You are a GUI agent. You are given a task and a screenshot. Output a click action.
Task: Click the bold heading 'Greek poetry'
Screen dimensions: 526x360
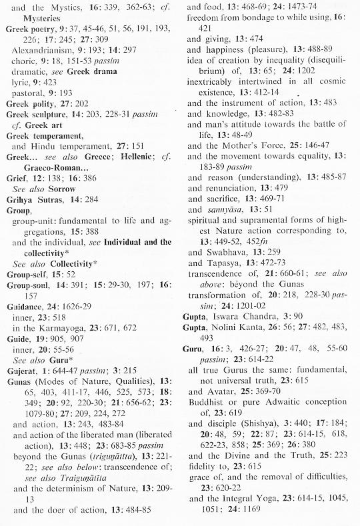[x=32, y=29]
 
